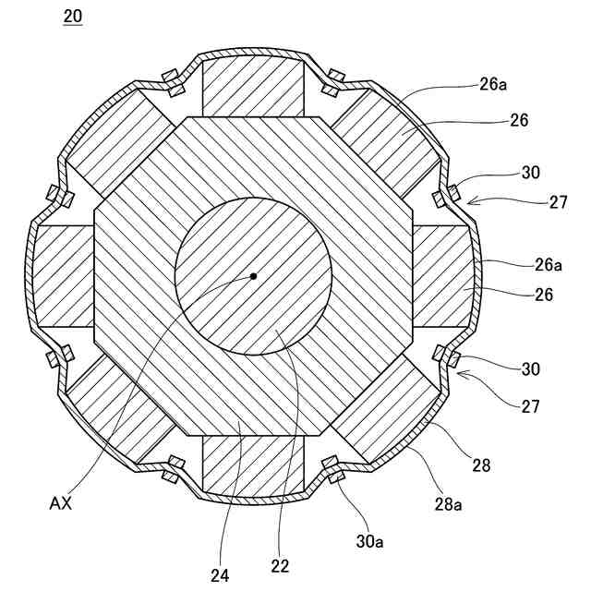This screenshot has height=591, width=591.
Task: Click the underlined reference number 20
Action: (72, 17)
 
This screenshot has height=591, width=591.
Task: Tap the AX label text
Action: (61, 504)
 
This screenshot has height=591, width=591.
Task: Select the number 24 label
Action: (219, 574)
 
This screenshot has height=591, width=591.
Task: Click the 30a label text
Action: (368, 542)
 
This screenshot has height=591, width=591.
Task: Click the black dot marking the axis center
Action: (253, 275)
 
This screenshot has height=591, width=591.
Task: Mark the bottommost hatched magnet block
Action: (253, 467)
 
